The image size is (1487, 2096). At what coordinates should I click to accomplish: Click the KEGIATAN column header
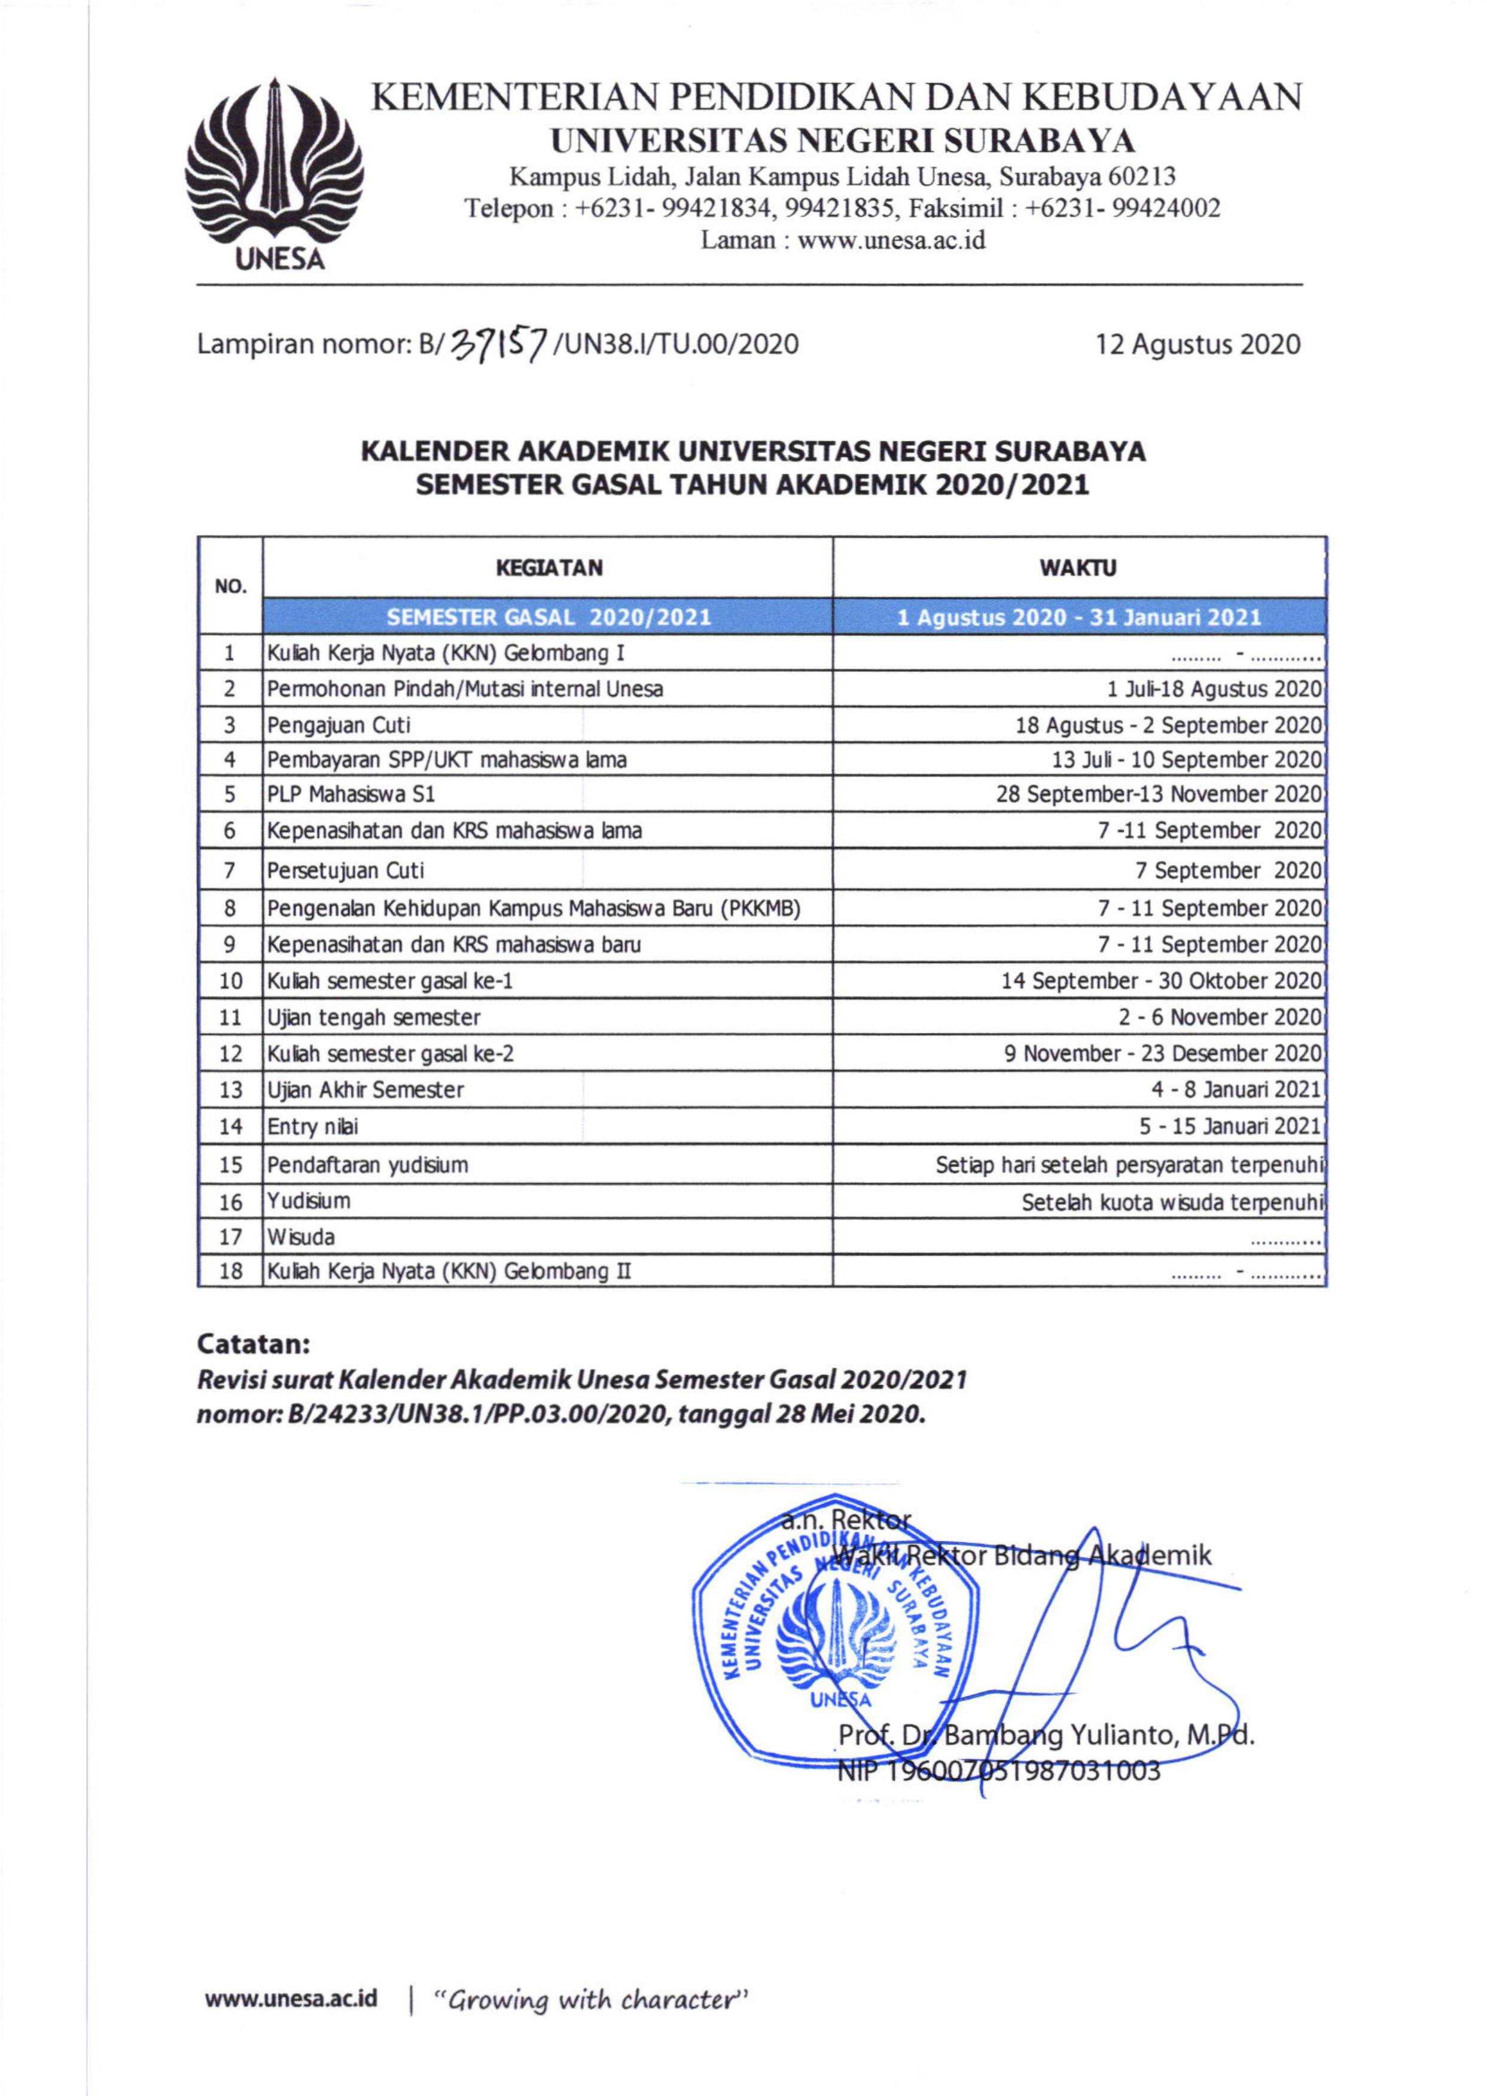(549, 568)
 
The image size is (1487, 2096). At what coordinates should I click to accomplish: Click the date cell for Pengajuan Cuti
(1168, 725)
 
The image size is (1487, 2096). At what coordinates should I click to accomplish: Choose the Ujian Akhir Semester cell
(365, 1090)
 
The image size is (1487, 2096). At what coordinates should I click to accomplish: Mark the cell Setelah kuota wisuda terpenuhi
(1172, 1201)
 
